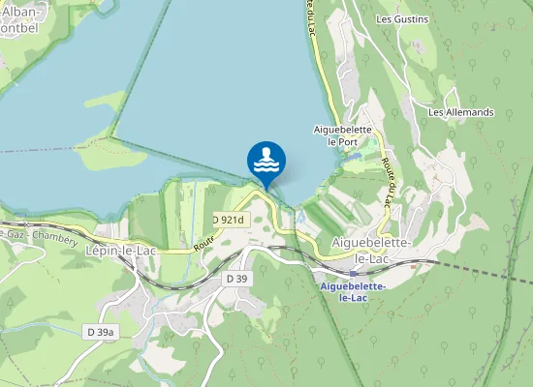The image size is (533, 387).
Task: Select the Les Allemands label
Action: point(461,112)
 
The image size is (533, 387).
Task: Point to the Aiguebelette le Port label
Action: point(342,134)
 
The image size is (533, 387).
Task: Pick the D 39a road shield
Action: point(100,332)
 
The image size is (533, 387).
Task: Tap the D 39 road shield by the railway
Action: point(237,279)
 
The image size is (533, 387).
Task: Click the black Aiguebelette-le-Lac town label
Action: point(373,247)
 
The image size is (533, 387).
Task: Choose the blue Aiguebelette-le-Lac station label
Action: point(354,292)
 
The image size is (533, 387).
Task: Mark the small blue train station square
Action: point(351,274)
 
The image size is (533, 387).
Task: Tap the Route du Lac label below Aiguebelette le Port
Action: point(388,182)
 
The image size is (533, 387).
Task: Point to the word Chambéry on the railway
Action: point(55,235)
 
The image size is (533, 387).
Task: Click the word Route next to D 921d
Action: point(202,242)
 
